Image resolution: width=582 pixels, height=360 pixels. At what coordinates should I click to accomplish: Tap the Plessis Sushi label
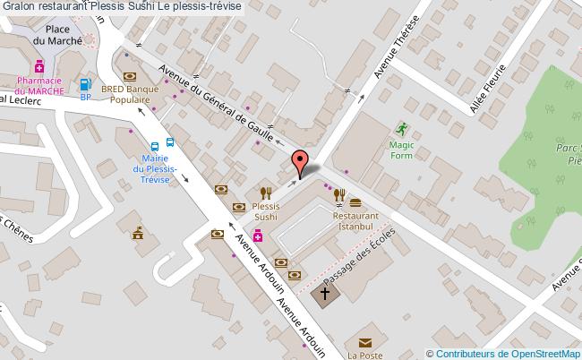click(x=266, y=211)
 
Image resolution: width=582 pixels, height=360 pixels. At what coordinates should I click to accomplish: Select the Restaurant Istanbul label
click(x=355, y=221)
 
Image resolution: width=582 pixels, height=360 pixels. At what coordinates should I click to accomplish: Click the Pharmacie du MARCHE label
click(x=40, y=86)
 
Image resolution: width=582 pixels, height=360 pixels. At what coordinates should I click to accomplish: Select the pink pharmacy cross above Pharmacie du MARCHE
click(x=40, y=66)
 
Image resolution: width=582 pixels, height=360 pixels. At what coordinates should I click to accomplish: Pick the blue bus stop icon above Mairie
click(x=155, y=146)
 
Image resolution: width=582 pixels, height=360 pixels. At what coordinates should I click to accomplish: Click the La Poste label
click(x=364, y=354)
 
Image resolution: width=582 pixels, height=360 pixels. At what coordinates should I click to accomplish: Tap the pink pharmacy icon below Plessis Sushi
click(x=258, y=236)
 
